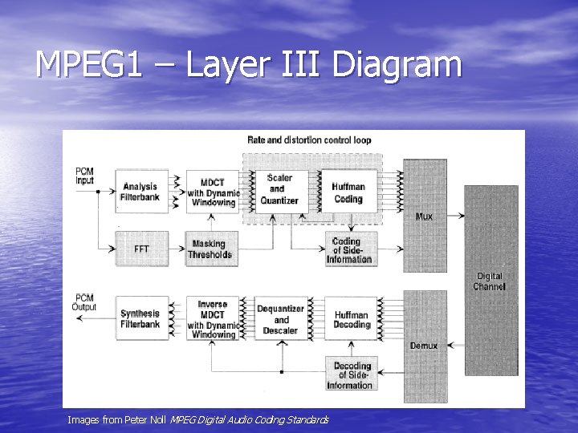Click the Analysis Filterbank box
tap(141, 192)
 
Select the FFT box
tap(141, 249)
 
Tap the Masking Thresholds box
tap(210, 249)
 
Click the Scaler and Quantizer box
tap(279, 190)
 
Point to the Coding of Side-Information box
tap(350, 249)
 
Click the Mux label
tap(424, 216)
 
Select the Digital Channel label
tap(489, 281)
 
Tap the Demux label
tap(424, 346)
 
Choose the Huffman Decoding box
tap(351, 319)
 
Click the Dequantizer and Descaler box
tap(280, 319)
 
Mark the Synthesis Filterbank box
tap(140, 319)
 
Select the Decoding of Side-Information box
tap(351, 374)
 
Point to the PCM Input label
tap(84, 176)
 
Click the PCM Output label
tap(84, 302)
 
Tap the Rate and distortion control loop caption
tap(309, 140)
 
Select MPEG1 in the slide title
tap(88, 65)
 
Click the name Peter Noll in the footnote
tap(149, 419)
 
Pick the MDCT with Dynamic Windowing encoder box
tap(212, 192)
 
